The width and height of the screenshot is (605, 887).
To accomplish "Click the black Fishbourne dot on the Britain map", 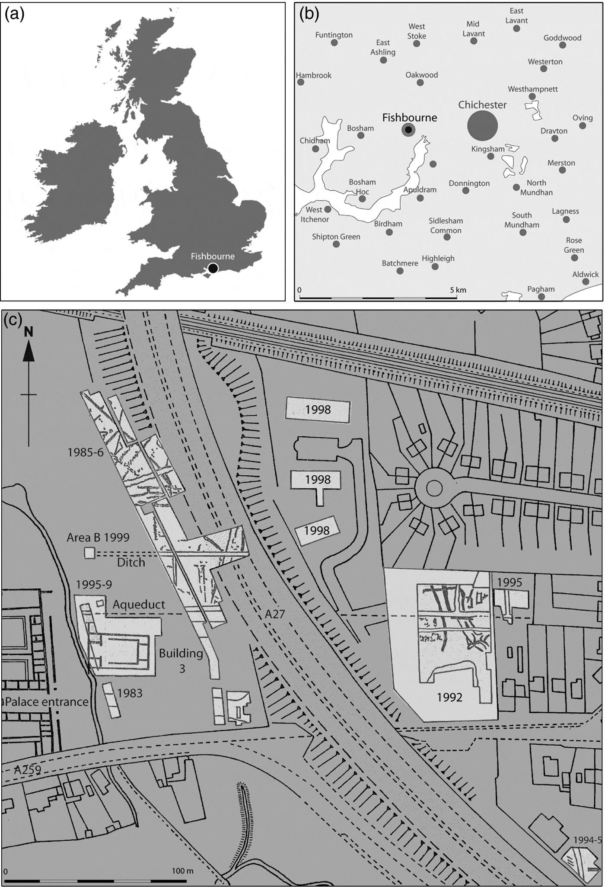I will [213, 268].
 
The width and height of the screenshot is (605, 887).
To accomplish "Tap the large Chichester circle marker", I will [482, 125].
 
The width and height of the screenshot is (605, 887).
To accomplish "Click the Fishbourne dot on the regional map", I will [408, 130].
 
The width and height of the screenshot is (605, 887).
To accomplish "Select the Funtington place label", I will [334, 35].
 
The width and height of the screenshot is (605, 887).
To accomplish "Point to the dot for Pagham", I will [541, 297].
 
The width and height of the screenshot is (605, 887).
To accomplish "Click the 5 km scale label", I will [458, 290].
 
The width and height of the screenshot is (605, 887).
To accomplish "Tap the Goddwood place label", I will [562, 38].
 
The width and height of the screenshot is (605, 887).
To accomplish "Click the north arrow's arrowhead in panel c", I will [29, 350].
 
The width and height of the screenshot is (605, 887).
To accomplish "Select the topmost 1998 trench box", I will [318, 410].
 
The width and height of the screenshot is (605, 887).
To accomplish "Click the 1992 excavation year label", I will [449, 697].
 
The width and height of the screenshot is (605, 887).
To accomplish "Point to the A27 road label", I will [275, 613].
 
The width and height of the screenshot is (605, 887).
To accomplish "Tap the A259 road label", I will [27, 769].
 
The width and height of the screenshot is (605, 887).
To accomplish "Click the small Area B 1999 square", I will [89, 553].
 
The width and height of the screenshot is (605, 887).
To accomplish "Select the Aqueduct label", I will [139, 604].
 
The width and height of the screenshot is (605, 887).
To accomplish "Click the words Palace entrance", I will [47, 701].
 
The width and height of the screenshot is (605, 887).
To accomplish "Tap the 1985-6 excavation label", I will [86, 452].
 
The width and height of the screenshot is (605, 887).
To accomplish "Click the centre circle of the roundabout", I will [434, 489].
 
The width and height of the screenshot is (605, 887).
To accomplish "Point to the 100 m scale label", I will [182, 871].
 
